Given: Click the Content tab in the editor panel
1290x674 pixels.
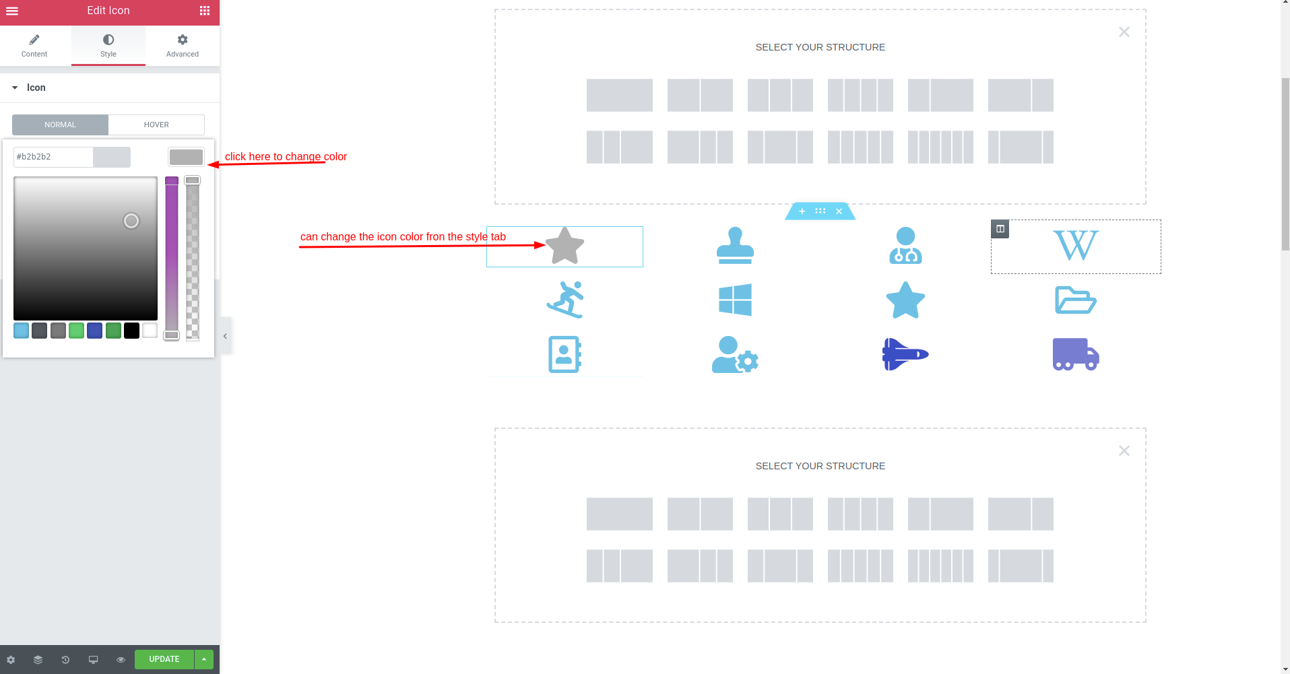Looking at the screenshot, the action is [34, 46].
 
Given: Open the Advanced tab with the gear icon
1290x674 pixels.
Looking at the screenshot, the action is [183, 46].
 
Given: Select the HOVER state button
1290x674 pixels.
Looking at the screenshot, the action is [156, 125].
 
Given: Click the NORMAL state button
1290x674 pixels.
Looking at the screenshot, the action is [61, 125].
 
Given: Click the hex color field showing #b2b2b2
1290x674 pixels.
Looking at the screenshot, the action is [53, 157].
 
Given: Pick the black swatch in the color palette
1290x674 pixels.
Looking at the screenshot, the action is [131, 331].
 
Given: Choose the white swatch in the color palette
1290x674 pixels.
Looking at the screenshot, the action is [150, 331].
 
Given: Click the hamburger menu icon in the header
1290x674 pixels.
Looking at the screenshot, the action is [12, 11].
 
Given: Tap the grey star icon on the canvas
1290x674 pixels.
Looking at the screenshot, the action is [565, 246].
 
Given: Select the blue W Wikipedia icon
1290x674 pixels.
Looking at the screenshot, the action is [1076, 245].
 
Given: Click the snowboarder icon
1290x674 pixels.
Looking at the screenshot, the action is [565, 300].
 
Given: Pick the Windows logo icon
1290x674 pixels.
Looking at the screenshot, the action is [735, 300].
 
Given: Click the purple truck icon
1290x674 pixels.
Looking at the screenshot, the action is [1076, 354].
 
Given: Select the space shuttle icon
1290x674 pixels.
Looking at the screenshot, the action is [905, 354].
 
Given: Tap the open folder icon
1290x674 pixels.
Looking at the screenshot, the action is [1076, 300].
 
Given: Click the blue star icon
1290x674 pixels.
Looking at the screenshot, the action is [905, 300].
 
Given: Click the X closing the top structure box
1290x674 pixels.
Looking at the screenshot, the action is [1124, 32].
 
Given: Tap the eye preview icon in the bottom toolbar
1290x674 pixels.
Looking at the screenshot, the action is [121, 660].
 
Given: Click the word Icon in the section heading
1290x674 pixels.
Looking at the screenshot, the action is [36, 88].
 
